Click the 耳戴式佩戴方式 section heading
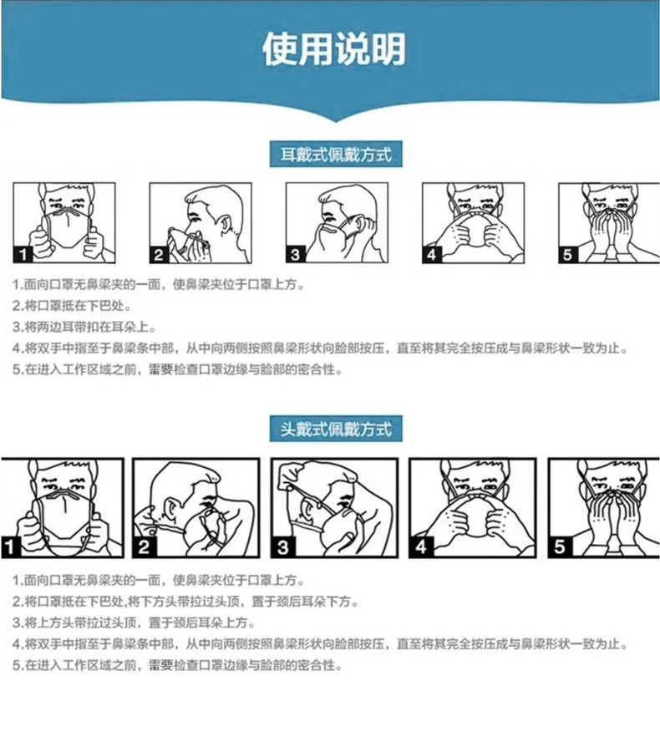click(x=334, y=155)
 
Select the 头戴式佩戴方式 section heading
click(x=334, y=429)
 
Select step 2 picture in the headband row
click(x=198, y=508)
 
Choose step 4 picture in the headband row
click(x=472, y=508)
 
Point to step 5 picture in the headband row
click(x=608, y=508)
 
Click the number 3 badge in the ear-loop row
click(x=296, y=254)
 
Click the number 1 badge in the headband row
click(x=10, y=547)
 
